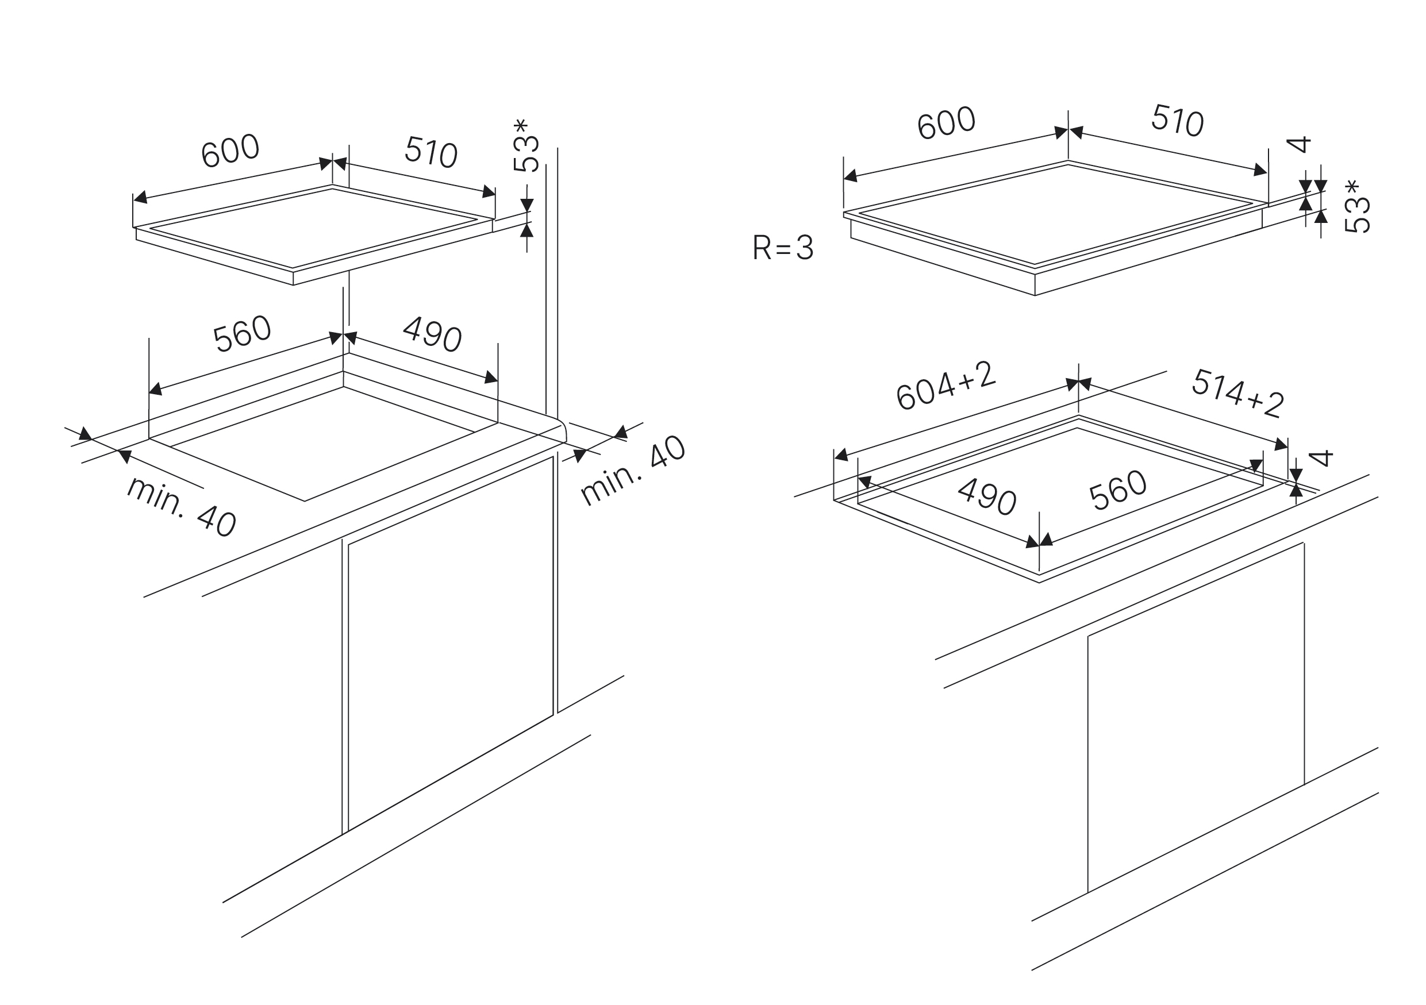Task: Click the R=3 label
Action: pos(783,248)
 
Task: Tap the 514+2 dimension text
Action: pos(1238,392)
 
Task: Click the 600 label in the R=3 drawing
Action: pos(946,123)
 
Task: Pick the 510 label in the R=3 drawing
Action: pos(1178,120)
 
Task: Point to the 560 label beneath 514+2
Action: pos(1117,490)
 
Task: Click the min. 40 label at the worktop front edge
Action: pos(180,507)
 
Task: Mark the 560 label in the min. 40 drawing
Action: pos(241,334)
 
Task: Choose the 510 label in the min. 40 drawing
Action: pos(431,152)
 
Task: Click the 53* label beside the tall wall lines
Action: pos(525,145)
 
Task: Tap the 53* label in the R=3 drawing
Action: pos(1357,207)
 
